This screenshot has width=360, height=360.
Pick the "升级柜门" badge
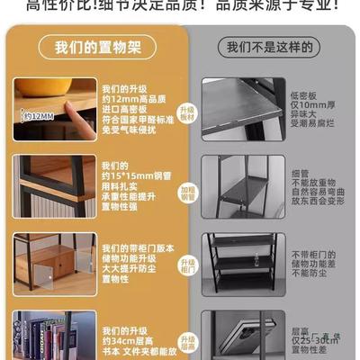(x=187, y=266)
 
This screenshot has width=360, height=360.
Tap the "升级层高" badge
(x=187, y=340)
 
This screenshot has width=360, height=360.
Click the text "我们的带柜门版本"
(x=133, y=247)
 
